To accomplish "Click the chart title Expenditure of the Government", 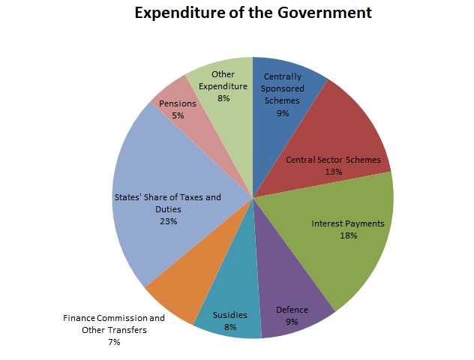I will click(x=253, y=13).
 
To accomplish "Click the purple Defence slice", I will click(x=292, y=300).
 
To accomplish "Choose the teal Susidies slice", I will click(x=229, y=307).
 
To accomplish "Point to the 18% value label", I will click(x=348, y=235).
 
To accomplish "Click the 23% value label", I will click(x=167, y=221).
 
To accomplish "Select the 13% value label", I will click(x=334, y=172).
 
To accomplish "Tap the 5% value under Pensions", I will click(x=178, y=115).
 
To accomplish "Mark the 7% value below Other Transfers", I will click(x=114, y=342).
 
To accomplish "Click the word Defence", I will click(x=292, y=310).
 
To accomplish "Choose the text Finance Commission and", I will click(x=113, y=318).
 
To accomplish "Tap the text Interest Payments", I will click(x=348, y=223).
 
